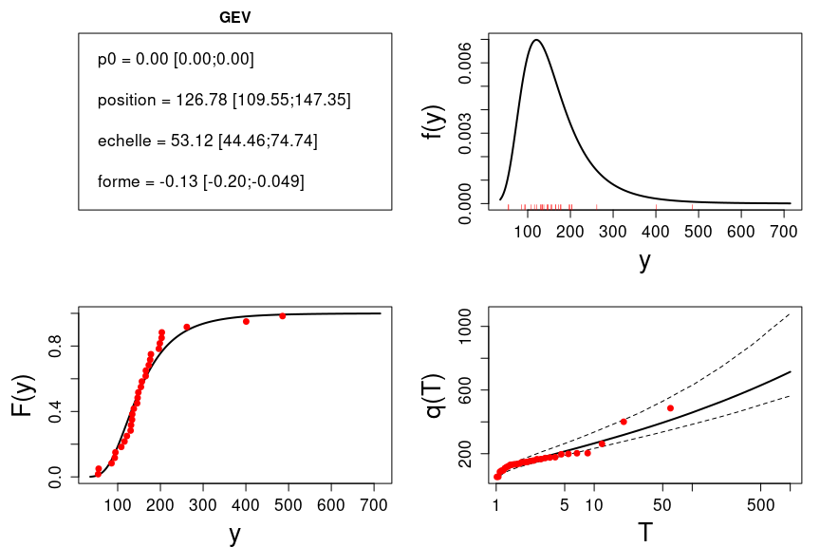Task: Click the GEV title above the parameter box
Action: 234,17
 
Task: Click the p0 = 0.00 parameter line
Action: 176,60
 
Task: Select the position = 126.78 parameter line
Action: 224,100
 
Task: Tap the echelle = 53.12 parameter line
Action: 207,141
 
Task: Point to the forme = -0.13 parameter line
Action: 201,180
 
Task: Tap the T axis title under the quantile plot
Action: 644,532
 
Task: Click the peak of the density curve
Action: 537,40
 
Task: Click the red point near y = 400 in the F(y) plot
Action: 246,321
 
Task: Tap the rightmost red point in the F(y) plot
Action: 283,315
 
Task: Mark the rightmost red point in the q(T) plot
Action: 670,408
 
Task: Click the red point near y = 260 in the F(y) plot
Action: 187,327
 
